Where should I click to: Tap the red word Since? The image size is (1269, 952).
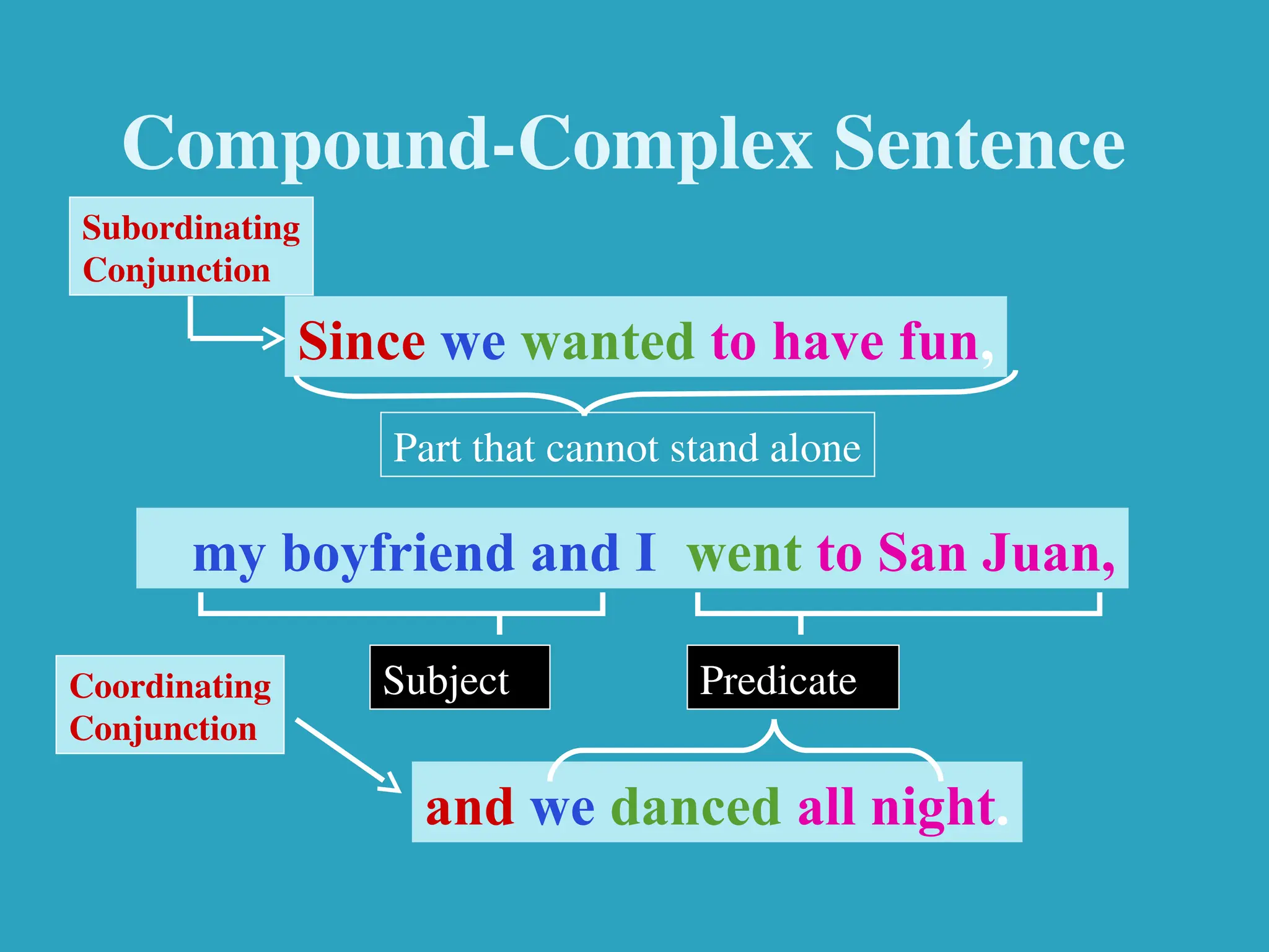click(x=362, y=342)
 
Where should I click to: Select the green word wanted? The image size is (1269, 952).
click(x=607, y=342)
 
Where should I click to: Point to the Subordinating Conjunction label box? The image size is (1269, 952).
click(x=191, y=247)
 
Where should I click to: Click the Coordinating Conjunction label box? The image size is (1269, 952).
click(x=170, y=705)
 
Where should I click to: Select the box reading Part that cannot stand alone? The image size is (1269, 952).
click(x=627, y=445)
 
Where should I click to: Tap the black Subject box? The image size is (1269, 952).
click(x=459, y=677)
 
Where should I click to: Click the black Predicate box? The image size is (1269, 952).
click(x=793, y=677)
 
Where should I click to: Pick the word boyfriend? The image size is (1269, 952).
click(x=398, y=553)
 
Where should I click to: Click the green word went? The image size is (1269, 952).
click(x=744, y=553)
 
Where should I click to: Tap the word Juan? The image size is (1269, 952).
click(x=1047, y=553)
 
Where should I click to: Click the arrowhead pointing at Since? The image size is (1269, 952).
click(x=273, y=338)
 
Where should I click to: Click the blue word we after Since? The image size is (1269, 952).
click(x=473, y=343)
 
